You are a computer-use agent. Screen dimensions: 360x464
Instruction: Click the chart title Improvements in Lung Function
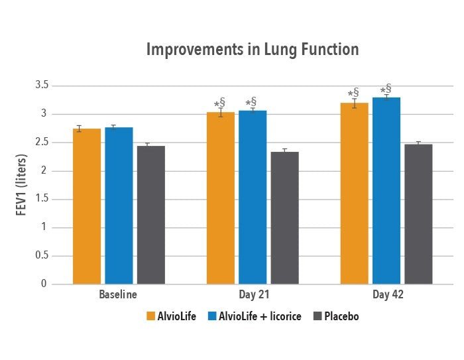[252, 50]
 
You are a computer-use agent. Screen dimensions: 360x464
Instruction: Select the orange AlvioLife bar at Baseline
[87, 206]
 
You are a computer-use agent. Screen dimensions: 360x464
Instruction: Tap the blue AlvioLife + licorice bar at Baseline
[119, 206]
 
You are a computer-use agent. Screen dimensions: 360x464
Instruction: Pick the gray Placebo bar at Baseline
[151, 215]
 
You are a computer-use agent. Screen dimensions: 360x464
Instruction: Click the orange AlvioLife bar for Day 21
[221, 198]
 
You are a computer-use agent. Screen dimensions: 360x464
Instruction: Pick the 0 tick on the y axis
[45, 284]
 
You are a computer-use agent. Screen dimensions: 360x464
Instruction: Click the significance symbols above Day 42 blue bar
[386, 89]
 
